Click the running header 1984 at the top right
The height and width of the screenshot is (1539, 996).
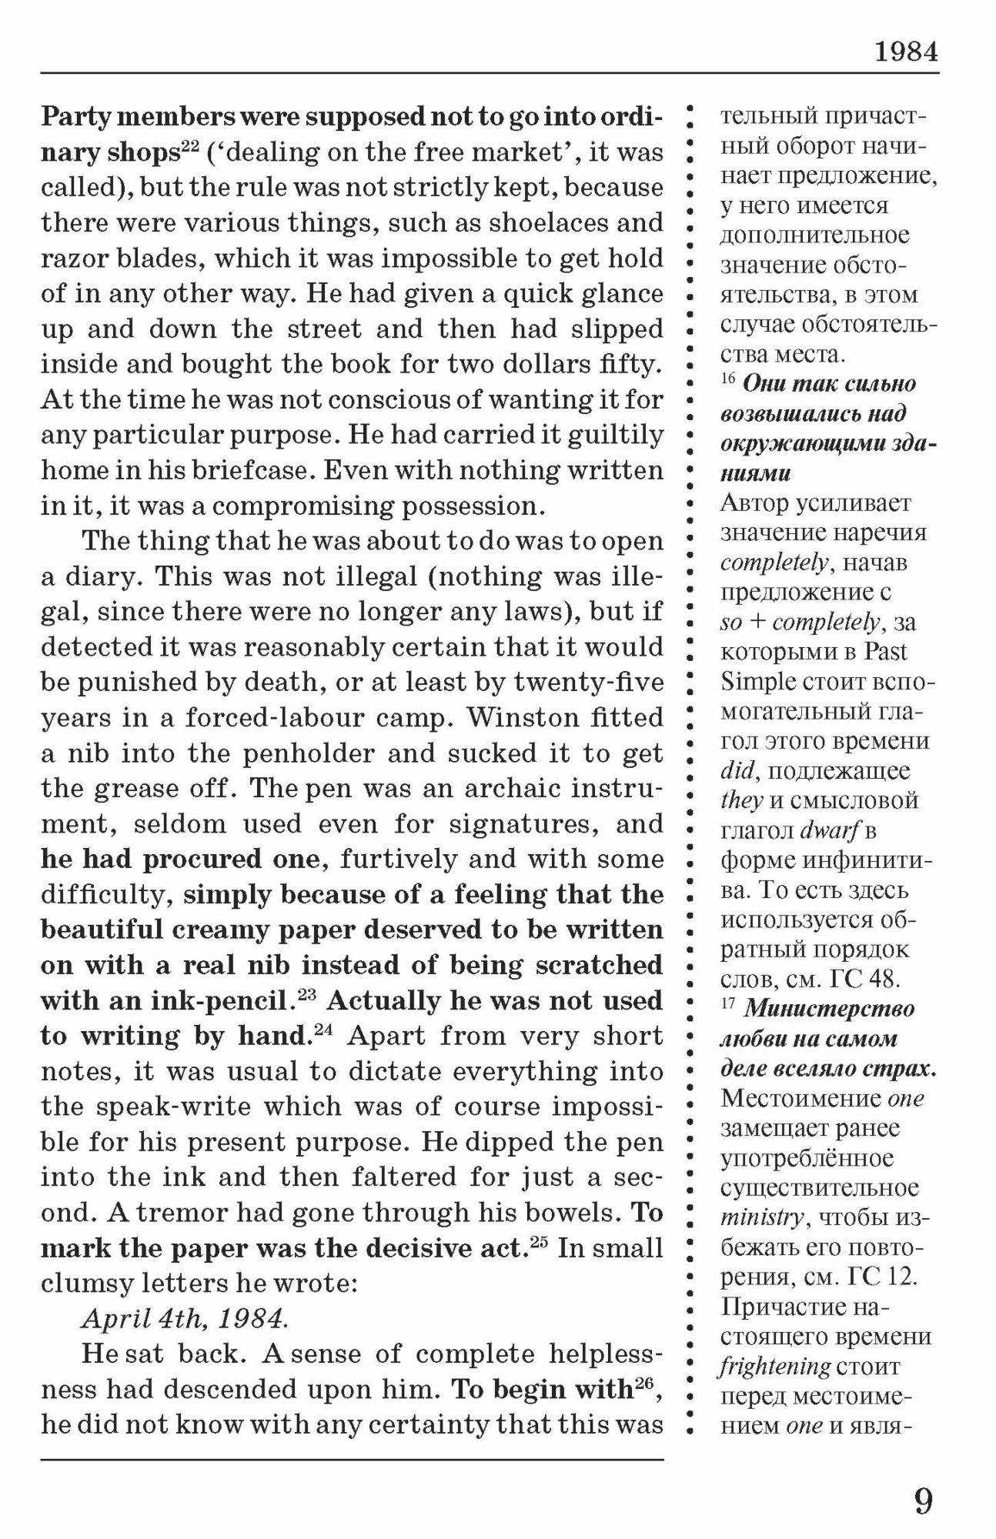pos(906,52)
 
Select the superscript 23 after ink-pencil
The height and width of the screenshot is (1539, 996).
pos(307,993)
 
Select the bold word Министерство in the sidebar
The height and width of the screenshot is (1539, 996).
pos(829,1008)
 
